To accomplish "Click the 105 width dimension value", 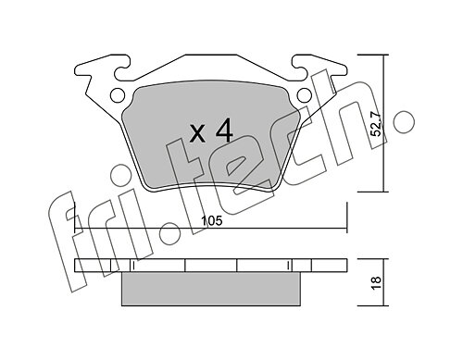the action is (x=211, y=221).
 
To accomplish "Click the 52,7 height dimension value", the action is (x=376, y=124).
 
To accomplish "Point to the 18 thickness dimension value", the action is (x=377, y=282).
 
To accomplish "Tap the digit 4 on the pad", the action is (x=224, y=130).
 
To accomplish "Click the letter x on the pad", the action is (x=197, y=134).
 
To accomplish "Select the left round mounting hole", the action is (x=117, y=94).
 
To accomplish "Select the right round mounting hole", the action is (x=305, y=94).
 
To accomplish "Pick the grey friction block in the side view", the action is (x=211, y=289).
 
